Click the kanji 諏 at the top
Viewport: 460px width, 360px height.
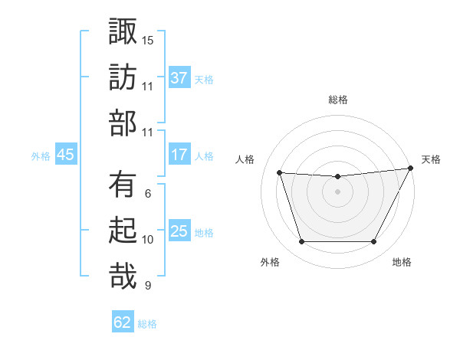[123, 33]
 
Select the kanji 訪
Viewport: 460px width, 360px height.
[123, 78]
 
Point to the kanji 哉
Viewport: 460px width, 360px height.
[123, 277]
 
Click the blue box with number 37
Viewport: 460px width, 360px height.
[179, 78]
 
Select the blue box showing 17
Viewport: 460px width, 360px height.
[179, 155]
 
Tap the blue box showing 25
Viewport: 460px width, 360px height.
[179, 231]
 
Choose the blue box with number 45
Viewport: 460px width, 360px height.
[65, 155]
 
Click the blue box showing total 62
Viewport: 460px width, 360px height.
[123, 322]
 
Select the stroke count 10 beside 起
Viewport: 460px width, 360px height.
[148, 239]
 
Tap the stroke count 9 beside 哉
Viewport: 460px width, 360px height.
[148, 285]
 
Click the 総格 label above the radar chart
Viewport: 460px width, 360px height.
[337, 100]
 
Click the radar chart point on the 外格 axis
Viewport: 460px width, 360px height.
[301, 242]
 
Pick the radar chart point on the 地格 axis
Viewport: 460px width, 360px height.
[373, 242]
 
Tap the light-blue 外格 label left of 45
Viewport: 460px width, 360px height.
[41, 155]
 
